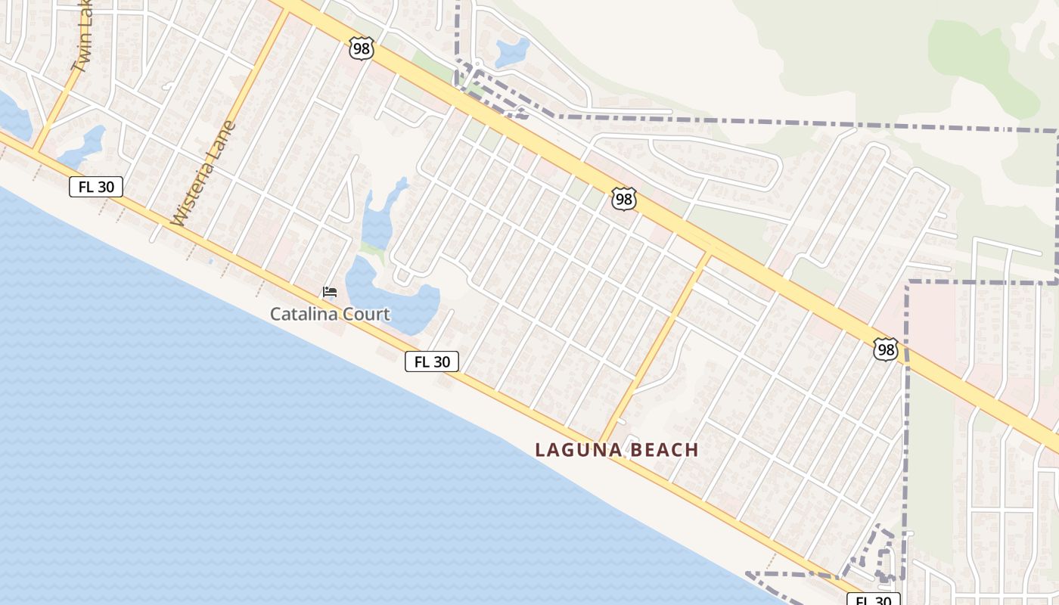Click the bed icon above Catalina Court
(x=329, y=292)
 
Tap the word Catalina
(x=300, y=314)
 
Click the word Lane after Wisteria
(x=224, y=137)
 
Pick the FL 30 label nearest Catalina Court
(x=432, y=361)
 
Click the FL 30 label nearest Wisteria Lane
(x=96, y=187)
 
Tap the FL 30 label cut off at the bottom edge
(x=874, y=600)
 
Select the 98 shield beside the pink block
(x=885, y=349)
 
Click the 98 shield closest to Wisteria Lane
(x=362, y=48)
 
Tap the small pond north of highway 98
(x=512, y=52)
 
